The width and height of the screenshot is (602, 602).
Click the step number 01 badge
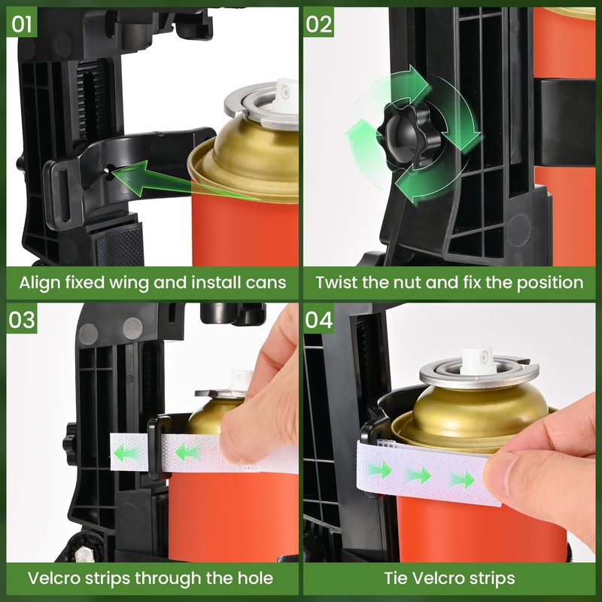(22, 22)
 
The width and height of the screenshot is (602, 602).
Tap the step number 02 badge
(318, 22)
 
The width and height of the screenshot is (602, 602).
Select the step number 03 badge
(22, 318)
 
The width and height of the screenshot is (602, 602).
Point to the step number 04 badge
(318, 318)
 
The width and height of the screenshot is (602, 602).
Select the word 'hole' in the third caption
(255, 578)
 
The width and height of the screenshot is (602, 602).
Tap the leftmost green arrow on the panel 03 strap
(126, 454)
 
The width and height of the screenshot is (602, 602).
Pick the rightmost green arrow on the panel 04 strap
(462, 480)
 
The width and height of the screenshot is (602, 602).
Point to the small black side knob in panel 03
(69, 439)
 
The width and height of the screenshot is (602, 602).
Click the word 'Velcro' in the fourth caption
(432, 578)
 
